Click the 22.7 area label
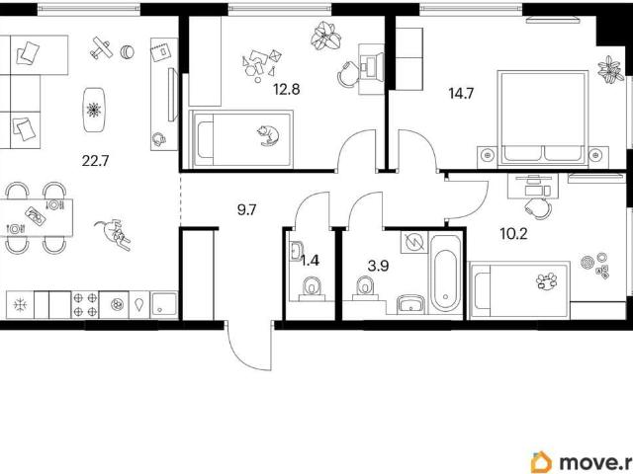point(96,161)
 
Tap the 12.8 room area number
point(286,89)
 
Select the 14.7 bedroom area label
point(461,94)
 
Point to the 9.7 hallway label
point(246,209)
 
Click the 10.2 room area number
point(513,233)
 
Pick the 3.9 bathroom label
point(378,266)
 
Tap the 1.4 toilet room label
point(310,261)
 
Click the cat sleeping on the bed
point(268,135)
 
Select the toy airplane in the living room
point(101,48)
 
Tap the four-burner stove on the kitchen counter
point(85,304)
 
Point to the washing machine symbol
point(414,242)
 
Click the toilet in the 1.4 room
point(312,288)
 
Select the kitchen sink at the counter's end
point(164,304)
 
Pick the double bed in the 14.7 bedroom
point(543,118)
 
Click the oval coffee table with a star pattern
point(95,110)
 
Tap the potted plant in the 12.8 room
point(325,36)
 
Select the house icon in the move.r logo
point(541,462)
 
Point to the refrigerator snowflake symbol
point(20,305)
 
